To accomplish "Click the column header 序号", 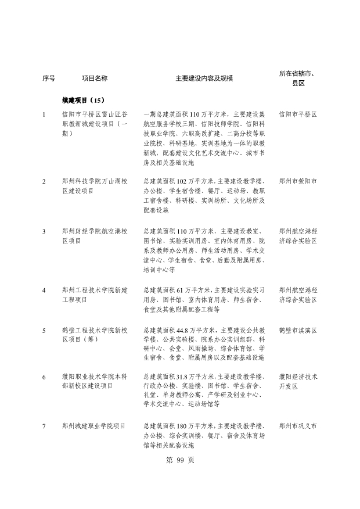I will [x=49, y=77].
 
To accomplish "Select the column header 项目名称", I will [x=94, y=77].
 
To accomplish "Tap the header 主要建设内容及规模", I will [x=204, y=77].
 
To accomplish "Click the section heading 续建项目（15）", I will [x=83, y=100].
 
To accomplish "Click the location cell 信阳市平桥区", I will [x=297, y=114].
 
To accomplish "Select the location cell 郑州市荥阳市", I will [x=297, y=181].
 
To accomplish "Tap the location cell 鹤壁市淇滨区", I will [x=297, y=330].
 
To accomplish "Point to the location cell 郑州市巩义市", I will [x=297, y=426].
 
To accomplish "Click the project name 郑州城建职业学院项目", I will [x=94, y=426].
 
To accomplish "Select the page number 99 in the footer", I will [x=180, y=460].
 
